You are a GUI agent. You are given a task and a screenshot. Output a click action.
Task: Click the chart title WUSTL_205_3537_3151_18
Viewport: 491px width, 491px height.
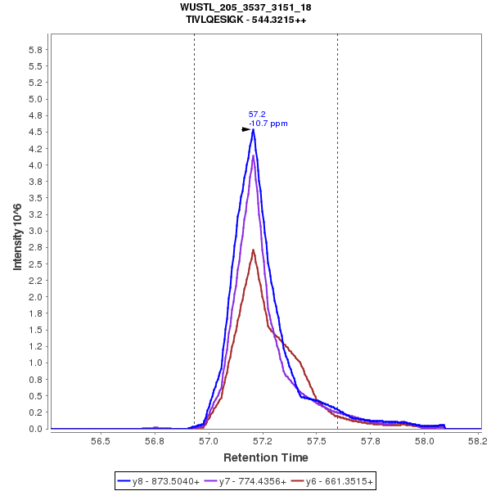[x=245, y=7]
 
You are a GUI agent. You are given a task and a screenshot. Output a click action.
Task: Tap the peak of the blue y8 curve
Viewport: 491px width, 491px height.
[x=254, y=129]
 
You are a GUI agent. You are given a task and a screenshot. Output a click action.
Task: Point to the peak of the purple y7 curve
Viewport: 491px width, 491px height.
[x=254, y=155]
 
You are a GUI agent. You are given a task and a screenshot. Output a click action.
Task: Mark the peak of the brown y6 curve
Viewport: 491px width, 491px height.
[x=254, y=250]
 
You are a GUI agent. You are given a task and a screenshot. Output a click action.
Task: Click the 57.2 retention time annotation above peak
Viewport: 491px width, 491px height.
[x=256, y=115]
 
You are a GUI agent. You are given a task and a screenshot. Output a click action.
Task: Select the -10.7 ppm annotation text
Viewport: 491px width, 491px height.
[x=268, y=124]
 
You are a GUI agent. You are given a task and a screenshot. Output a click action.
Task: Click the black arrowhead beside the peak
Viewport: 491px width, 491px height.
[x=246, y=129]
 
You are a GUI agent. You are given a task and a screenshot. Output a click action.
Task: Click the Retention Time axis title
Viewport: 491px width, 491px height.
[x=266, y=457]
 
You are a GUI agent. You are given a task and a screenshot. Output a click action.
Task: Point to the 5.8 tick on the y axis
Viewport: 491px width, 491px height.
[x=36, y=50]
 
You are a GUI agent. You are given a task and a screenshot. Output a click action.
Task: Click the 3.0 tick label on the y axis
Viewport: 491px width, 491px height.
[x=36, y=232]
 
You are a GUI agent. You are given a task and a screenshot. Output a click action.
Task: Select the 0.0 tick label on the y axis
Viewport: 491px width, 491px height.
[x=36, y=429]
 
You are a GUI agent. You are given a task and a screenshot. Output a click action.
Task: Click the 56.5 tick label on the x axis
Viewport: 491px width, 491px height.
[x=101, y=440]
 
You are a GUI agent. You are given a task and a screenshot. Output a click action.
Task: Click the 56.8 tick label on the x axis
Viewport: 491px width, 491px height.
[x=155, y=440]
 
